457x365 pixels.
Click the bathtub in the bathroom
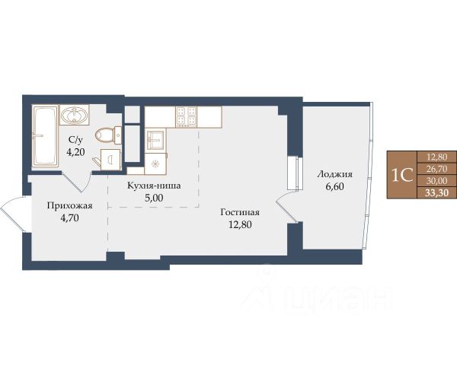[45, 136]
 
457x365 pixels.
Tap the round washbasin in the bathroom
[74, 115]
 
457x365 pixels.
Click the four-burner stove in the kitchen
[187, 116]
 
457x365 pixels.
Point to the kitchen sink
[155, 140]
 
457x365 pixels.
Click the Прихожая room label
[69, 206]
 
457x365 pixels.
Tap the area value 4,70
[69, 217]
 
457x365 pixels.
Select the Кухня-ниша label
[154, 186]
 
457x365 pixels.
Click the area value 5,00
[154, 198]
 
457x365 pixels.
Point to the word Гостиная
[240, 212]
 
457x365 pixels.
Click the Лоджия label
[334, 174]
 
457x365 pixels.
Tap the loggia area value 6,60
[334, 186]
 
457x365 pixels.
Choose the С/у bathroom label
[75, 140]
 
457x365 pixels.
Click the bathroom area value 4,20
[75, 152]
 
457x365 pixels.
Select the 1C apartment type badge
[402, 175]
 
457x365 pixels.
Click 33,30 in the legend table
[437, 193]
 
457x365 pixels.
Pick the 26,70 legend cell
[437, 169]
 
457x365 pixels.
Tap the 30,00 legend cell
[437, 181]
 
